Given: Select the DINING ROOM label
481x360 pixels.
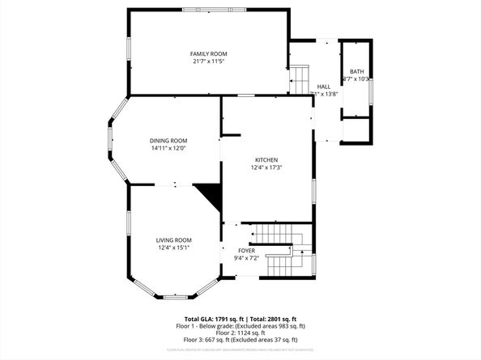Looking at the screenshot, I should click(168, 140).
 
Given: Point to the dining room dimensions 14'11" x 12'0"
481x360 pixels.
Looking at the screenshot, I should click(168, 148).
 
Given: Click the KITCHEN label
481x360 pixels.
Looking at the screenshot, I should click(266, 160).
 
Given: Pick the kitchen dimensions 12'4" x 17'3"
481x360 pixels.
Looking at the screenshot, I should click(266, 168).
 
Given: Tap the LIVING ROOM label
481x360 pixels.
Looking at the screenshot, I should click(173, 240).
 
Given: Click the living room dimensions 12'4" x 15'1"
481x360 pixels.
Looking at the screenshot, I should click(173, 248).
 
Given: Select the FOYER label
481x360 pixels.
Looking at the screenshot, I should click(246, 252).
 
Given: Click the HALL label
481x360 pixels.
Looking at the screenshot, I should click(324, 87).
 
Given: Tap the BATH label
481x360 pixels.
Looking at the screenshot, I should click(356, 71).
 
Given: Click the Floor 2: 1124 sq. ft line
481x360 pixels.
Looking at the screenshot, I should click(240, 333).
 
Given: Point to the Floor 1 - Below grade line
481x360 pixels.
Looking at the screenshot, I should click(240, 326).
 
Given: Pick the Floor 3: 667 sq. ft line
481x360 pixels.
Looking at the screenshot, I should click(240, 341).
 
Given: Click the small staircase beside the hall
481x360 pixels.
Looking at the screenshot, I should click(300, 79).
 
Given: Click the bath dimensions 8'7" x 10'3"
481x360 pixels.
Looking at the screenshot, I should click(356, 79).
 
